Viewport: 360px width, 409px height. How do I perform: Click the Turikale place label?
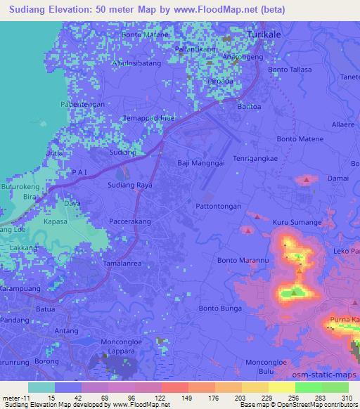[269, 34]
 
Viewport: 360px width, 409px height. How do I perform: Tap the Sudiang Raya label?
[129, 186]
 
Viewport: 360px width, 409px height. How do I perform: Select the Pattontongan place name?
[218, 207]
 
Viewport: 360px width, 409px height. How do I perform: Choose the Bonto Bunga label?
[220, 308]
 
